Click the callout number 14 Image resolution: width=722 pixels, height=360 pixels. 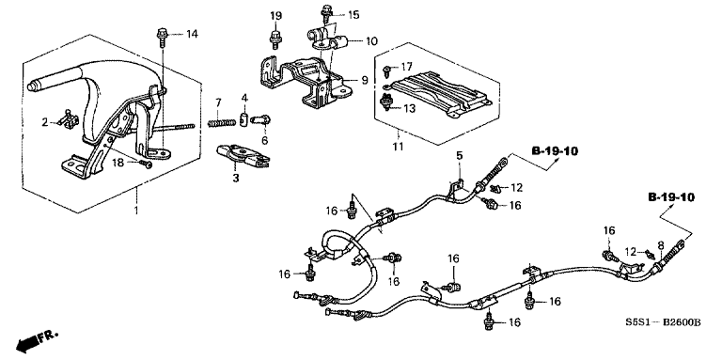(192, 35)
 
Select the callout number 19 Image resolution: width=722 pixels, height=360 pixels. (275, 16)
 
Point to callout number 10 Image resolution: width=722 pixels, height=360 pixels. (371, 41)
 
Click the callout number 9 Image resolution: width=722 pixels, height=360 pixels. (353, 80)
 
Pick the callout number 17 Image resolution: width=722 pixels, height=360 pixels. (407, 67)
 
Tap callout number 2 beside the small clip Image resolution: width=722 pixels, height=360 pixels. (44, 121)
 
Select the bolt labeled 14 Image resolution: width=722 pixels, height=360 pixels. (160, 35)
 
